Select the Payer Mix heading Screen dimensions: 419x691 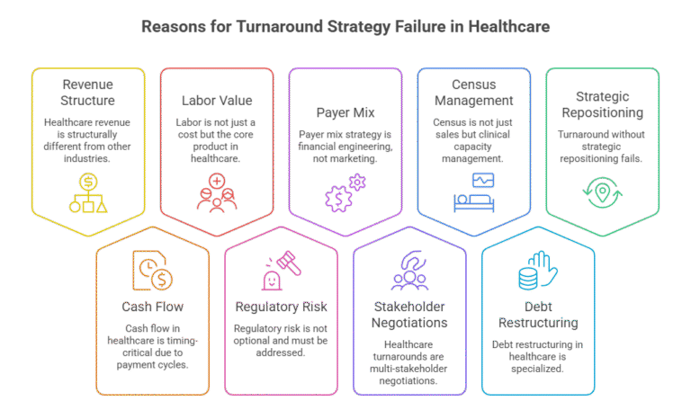tap(345, 113)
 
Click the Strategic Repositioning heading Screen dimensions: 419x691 tap(602, 104)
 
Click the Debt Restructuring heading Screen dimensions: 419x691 tap(538, 314)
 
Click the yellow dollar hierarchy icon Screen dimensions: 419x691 tap(88, 192)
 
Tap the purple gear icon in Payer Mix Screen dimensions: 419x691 tap(345, 192)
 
